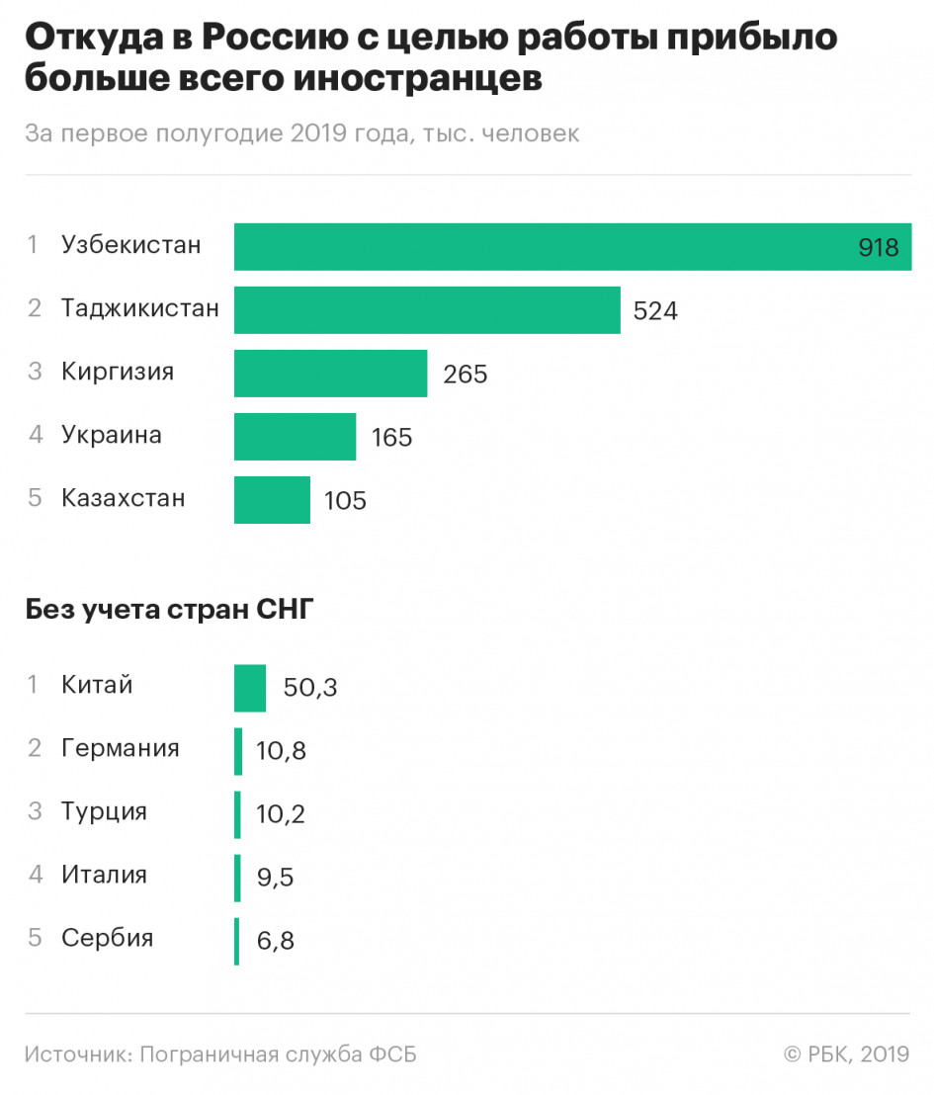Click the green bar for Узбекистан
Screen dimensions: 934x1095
point(573,246)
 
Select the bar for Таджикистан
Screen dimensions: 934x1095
point(427,310)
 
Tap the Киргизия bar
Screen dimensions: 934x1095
point(330,374)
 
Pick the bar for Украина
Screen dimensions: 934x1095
point(295,437)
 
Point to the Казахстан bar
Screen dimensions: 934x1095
point(272,500)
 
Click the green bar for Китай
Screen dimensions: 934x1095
point(250,688)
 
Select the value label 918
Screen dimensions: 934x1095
point(878,247)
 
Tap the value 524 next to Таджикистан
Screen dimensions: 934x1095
point(655,310)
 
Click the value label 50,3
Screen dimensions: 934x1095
point(310,688)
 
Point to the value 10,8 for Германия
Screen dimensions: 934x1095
point(281,751)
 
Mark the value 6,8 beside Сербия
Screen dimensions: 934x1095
point(275,942)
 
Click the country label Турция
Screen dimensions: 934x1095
point(104,812)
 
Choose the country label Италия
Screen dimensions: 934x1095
point(104,875)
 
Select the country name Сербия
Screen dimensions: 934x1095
point(107,937)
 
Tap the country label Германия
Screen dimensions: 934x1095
point(121,748)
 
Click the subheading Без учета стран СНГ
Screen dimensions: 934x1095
point(170,610)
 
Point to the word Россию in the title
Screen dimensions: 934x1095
point(275,37)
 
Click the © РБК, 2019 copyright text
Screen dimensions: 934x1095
point(847,1053)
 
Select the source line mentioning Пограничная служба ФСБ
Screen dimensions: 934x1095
point(220,1054)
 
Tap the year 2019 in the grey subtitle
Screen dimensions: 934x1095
point(318,132)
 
